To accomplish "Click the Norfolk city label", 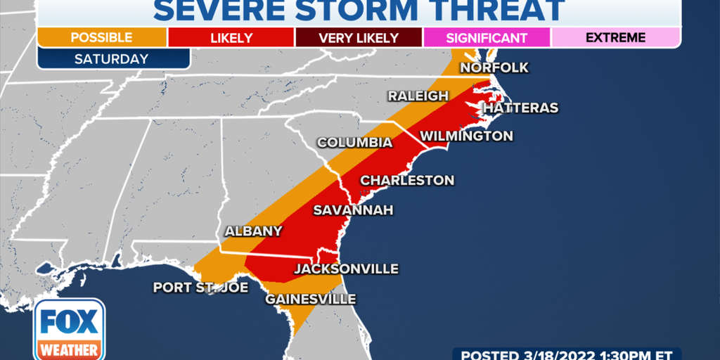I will (x=494, y=67).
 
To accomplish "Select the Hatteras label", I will (x=520, y=108).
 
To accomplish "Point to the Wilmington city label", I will (x=466, y=136).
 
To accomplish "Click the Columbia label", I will (x=354, y=143).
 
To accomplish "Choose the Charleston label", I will (x=407, y=181).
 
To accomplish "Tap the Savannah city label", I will (x=353, y=210).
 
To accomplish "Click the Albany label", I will (x=253, y=231).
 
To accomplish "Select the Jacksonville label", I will (x=346, y=269).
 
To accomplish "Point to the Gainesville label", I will (x=310, y=299).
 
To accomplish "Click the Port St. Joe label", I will (x=197, y=288).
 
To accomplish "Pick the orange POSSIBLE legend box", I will (x=101, y=37).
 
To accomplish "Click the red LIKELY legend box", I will (x=231, y=37).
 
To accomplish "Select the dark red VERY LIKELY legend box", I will (x=359, y=37).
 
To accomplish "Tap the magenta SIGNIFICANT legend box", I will (x=487, y=37).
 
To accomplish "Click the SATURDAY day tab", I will (x=113, y=59).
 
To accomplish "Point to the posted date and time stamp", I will (x=566, y=354).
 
